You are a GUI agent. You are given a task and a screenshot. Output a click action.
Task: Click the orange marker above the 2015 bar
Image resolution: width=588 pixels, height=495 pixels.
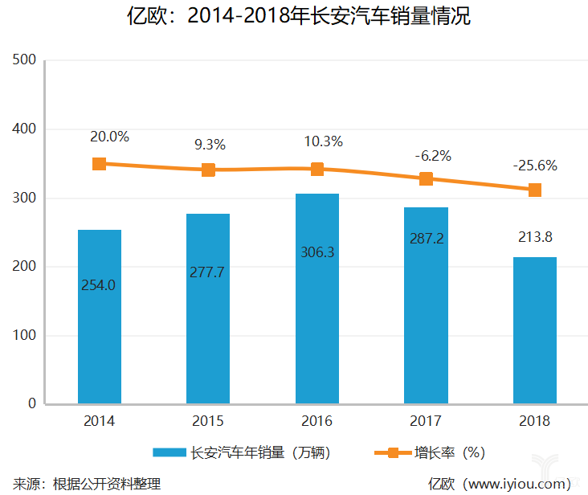(x=209, y=170)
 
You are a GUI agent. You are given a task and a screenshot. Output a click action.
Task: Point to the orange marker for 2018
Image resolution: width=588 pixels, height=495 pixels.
(x=534, y=190)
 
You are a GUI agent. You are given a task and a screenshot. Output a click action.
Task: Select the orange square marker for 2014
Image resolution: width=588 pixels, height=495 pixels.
(x=100, y=164)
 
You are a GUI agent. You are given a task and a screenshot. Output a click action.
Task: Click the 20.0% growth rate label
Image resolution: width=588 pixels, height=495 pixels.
(x=109, y=137)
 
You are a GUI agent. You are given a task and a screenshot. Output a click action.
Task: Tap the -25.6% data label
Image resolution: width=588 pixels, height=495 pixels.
(x=534, y=166)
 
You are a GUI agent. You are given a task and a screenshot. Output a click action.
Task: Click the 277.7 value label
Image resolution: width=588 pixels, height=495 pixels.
(x=208, y=272)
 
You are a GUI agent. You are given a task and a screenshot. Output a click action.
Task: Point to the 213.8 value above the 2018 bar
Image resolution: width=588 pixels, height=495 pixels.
(x=534, y=237)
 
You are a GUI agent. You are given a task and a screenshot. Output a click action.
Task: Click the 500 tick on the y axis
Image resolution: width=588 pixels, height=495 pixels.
(x=26, y=60)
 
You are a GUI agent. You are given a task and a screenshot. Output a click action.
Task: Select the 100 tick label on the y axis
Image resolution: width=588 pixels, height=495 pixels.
(x=26, y=335)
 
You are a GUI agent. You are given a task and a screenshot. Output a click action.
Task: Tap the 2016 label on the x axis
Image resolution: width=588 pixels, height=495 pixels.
(x=317, y=421)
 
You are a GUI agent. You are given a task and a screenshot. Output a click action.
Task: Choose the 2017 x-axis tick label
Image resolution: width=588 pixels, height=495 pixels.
(x=426, y=421)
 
